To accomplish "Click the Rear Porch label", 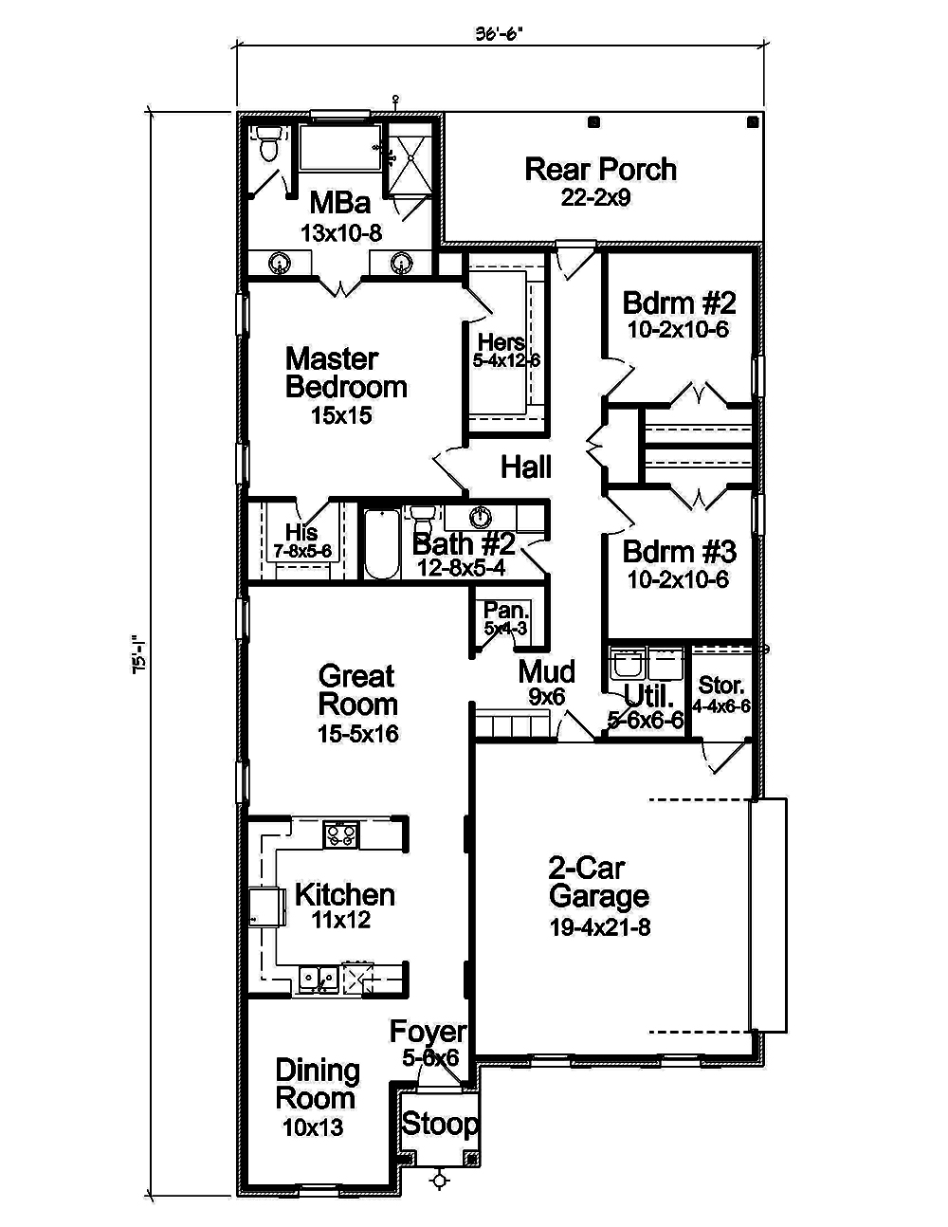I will [x=600, y=170].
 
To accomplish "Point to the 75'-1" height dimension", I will [x=140, y=655].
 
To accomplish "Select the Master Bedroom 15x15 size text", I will [x=341, y=415].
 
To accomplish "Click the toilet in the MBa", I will [x=268, y=147].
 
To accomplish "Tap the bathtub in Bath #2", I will [x=383, y=543].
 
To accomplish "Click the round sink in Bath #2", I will [x=482, y=517].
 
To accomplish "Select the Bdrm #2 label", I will [x=679, y=303].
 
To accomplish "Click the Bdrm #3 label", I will [x=679, y=552].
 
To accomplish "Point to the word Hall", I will [x=526, y=467].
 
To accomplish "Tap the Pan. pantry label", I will [x=505, y=611].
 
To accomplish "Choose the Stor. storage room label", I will [x=721, y=686].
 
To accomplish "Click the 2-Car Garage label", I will [x=599, y=882].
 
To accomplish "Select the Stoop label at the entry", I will [x=440, y=1125].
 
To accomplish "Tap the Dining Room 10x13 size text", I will [x=313, y=1128].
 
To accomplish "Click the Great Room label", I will [x=357, y=690].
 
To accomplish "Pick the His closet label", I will [x=301, y=533].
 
